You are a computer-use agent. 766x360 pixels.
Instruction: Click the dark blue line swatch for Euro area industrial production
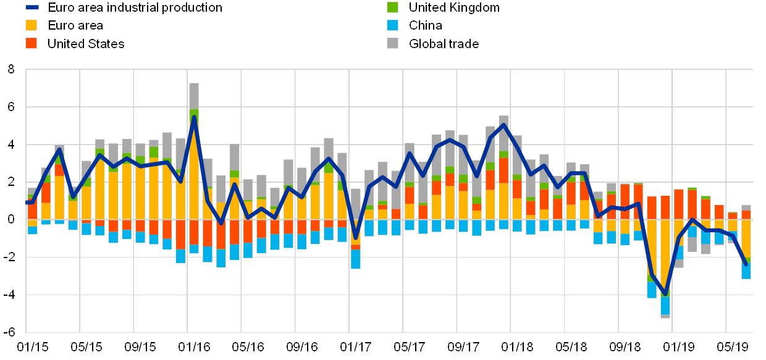pos(32,8)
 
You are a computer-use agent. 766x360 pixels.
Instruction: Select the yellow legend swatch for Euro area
pos(32,26)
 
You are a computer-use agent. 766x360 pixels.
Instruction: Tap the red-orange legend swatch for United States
pos(32,44)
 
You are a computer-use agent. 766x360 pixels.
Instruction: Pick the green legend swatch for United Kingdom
pos(392,8)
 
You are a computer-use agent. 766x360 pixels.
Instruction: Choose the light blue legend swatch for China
pos(392,26)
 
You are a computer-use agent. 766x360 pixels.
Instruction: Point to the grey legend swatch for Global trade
pos(392,44)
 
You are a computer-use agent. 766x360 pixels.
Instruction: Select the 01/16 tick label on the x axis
pos(194,346)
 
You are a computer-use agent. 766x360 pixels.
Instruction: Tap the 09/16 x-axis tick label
pos(301,346)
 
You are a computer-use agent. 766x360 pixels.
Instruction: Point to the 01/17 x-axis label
pos(356,346)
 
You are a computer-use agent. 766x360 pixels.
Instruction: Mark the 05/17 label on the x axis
pos(410,346)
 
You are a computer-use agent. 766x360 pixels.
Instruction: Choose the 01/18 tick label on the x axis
pos(517,346)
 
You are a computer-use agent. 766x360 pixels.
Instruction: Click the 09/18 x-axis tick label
pos(625,346)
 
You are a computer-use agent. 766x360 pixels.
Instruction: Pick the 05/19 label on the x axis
pos(732,346)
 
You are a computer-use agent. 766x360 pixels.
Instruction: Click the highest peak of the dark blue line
pos(194,117)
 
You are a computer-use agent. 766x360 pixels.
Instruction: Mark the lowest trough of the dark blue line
pos(665,294)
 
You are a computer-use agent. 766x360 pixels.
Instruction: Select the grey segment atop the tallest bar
pos(194,96)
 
